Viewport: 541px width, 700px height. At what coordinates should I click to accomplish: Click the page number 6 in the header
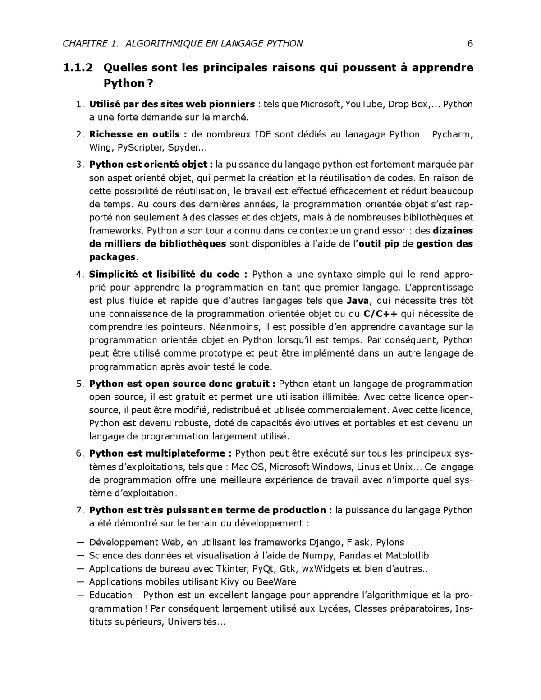[470, 44]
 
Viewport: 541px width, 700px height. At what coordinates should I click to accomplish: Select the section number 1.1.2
[78, 68]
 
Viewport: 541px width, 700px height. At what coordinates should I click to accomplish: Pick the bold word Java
[358, 301]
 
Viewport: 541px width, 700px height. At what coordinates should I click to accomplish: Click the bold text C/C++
[380, 314]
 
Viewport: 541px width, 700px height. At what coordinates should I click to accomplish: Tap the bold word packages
[112, 257]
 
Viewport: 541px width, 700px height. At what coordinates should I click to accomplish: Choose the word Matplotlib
[408, 556]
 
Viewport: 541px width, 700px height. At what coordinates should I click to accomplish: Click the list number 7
[80, 510]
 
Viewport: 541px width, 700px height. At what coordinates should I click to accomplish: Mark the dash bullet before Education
[81, 595]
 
